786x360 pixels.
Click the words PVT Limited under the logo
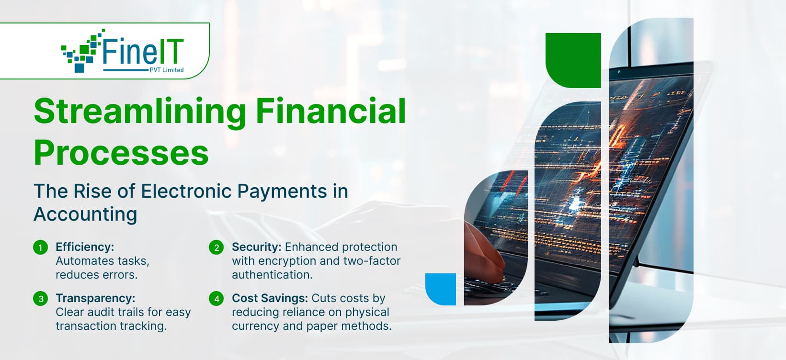coord(166,70)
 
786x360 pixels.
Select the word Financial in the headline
coord(330,111)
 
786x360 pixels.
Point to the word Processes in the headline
coord(121,153)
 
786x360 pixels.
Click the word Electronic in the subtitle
coord(186,191)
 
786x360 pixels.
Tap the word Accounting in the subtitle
coord(85,214)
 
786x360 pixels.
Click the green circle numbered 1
coord(41,247)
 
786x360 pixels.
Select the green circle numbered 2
coord(216,247)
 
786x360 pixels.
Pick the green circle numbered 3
coord(41,299)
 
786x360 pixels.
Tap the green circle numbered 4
coord(216,299)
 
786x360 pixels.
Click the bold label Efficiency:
coord(85,247)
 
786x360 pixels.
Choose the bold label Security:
coord(256,247)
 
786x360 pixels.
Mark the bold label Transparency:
coord(95,298)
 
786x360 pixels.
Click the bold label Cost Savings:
coord(270,298)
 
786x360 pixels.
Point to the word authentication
coord(272,275)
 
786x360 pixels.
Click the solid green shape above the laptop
coord(573,60)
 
